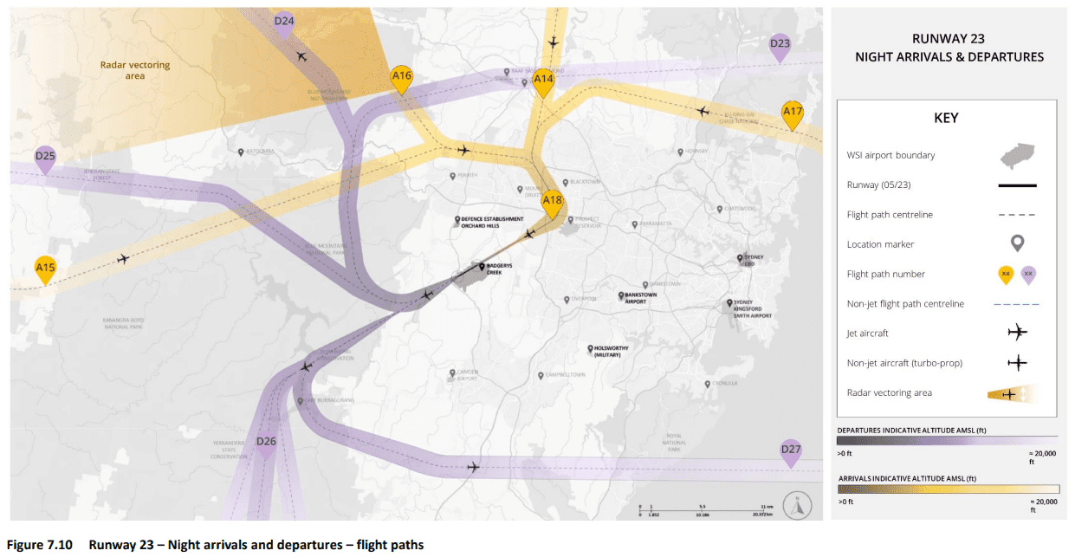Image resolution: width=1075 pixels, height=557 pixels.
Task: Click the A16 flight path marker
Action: pos(401,78)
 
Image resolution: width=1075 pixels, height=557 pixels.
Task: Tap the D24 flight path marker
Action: pos(284,23)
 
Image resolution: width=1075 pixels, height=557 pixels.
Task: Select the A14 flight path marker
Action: pos(543,81)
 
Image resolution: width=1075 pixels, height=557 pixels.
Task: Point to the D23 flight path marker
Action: pos(780,45)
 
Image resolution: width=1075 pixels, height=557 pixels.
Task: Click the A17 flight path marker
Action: pos(793,113)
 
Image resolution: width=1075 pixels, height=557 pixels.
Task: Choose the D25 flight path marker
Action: pos(45,158)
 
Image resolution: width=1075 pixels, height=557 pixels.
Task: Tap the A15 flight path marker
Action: pos(45,269)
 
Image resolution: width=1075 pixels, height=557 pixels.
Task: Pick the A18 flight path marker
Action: pos(553,203)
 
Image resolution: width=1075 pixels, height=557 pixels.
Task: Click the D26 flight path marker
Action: pos(266,444)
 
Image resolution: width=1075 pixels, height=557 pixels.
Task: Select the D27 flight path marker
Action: pos(790,450)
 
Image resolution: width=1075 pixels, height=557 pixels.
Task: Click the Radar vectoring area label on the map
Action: pos(135,70)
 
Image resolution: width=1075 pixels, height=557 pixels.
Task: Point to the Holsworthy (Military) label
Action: pos(612,351)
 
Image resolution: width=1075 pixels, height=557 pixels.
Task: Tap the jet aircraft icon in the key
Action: pos(1018,333)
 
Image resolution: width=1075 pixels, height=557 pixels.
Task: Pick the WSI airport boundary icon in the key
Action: pos(1018,156)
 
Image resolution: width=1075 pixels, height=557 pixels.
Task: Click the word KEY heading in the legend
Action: pos(946,118)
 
